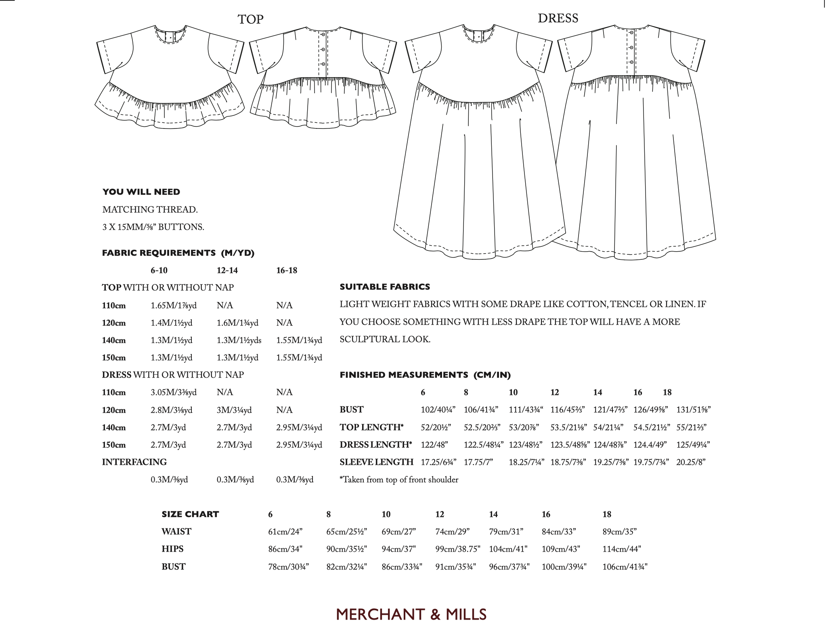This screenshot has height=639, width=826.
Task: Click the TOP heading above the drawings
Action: (x=250, y=19)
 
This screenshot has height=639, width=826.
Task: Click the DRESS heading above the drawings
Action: (x=558, y=18)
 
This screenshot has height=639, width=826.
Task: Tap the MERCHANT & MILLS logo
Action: (x=411, y=614)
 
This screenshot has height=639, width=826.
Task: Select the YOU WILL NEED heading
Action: (x=141, y=192)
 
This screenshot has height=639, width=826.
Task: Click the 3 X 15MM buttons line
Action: (x=153, y=227)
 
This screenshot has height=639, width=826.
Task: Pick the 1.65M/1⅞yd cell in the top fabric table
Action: (x=174, y=305)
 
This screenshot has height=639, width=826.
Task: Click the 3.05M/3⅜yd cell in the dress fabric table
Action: (x=174, y=392)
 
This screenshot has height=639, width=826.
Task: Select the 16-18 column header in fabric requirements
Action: (x=286, y=270)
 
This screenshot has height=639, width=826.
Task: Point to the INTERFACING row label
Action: (x=134, y=462)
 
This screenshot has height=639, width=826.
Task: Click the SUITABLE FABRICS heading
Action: (x=385, y=287)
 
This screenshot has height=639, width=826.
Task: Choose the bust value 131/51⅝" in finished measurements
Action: (x=693, y=410)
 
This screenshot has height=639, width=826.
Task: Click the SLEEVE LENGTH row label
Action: (x=376, y=462)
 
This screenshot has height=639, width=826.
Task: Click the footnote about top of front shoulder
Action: (x=399, y=480)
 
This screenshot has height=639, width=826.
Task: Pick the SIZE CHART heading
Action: (x=190, y=514)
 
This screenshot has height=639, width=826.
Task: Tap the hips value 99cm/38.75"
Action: (x=458, y=549)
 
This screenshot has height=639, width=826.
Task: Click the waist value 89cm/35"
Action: (x=619, y=532)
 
